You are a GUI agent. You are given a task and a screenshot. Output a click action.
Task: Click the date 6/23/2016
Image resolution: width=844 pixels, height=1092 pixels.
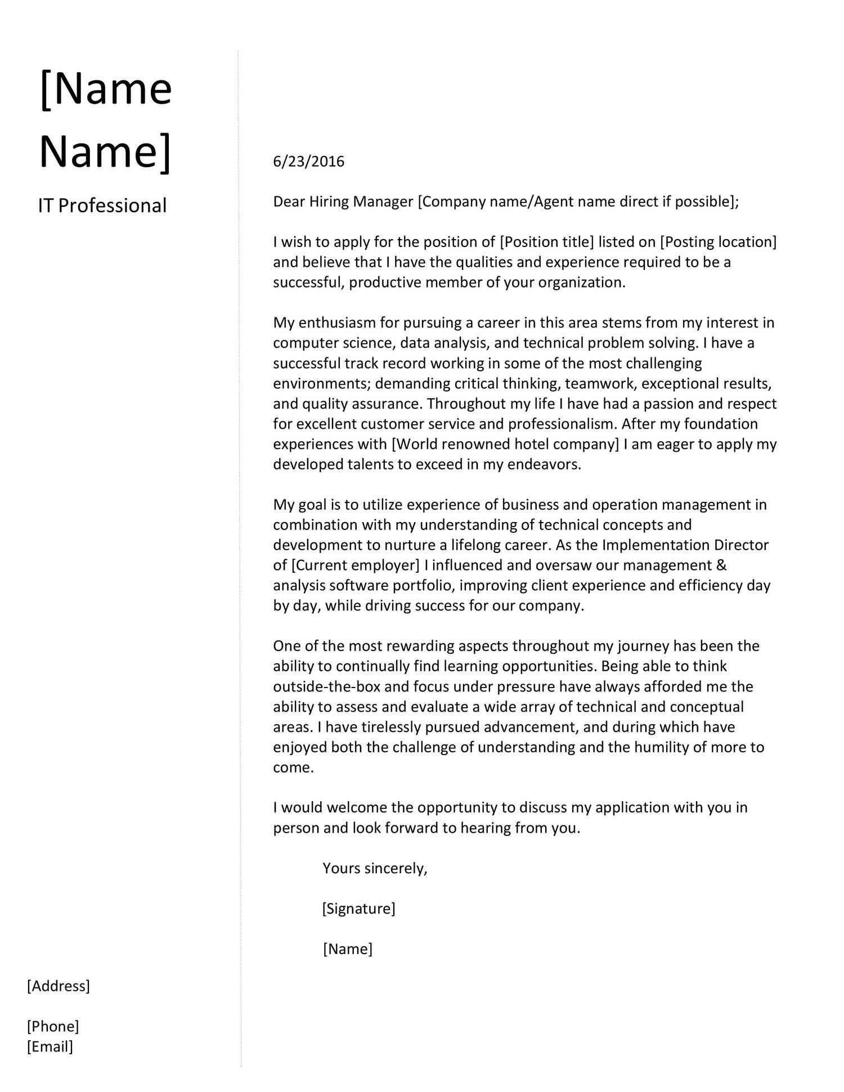[308, 162]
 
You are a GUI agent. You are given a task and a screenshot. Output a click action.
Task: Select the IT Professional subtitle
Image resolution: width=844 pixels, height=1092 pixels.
[102, 206]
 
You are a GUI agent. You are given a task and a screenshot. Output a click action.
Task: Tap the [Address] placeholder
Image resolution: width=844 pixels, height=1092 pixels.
[59, 986]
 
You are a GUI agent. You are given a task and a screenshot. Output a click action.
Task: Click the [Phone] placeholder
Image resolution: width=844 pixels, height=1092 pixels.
[53, 1026]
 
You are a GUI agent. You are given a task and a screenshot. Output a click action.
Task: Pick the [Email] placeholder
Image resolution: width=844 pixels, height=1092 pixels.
[50, 1046]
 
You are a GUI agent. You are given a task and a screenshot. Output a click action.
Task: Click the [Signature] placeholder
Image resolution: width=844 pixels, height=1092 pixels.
[358, 909]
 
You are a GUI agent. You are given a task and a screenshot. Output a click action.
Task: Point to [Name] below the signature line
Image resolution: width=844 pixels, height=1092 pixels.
[347, 949]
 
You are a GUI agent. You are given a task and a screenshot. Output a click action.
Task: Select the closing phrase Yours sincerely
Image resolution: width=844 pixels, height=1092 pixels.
[375, 868]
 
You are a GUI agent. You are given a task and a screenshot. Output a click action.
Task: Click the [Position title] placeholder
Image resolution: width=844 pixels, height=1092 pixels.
[546, 242]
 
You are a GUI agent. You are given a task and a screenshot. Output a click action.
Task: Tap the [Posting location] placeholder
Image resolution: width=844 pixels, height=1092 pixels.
[718, 242]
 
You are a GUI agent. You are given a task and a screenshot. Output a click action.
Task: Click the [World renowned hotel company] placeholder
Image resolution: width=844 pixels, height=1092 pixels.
[505, 444]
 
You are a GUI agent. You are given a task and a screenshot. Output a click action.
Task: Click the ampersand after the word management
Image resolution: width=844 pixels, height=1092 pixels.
[722, 565]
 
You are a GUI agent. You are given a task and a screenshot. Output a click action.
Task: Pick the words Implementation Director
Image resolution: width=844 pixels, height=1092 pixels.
[685, 545]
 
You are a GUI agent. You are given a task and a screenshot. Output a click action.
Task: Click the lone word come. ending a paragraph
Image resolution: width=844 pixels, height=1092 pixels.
[293, 768]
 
